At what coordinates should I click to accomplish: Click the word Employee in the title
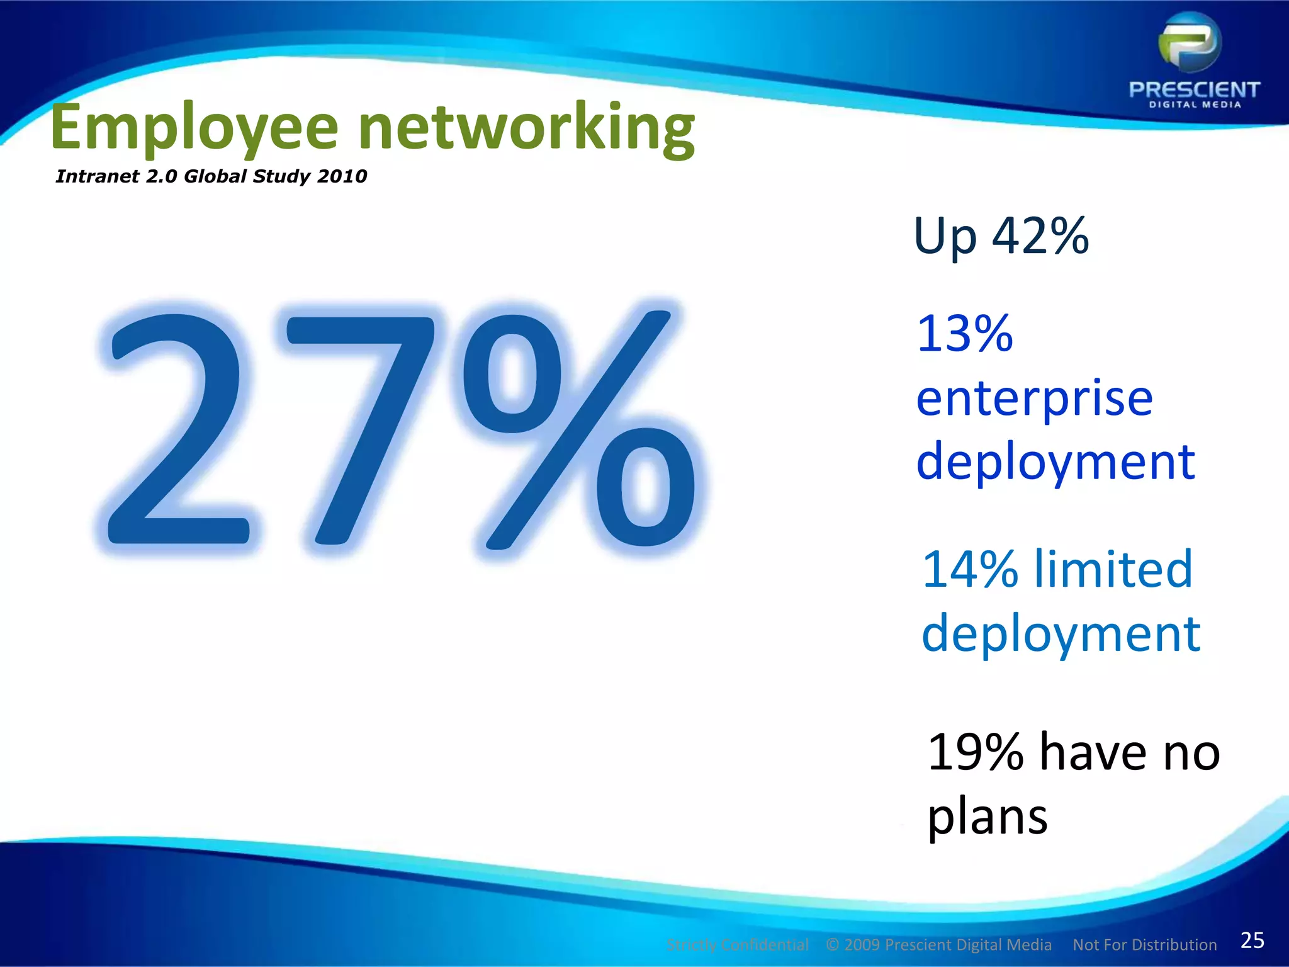pos(194,129)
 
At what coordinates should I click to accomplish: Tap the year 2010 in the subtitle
pos(342,176)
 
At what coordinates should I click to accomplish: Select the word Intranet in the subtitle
pos(97,176)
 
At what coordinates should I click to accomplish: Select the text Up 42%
pos(1001,237)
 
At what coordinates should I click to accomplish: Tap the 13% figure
pos(964,334)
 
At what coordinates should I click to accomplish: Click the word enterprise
pos(1034,399)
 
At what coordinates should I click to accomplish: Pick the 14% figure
pos(969,569)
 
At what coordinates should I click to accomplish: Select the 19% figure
pos(975,752)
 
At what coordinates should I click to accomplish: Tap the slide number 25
pos(1252,941)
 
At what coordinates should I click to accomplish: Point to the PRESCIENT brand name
pos(1194,90)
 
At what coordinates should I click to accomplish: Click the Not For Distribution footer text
pos(1144,945)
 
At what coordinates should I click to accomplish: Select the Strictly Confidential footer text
pos(737,945)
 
